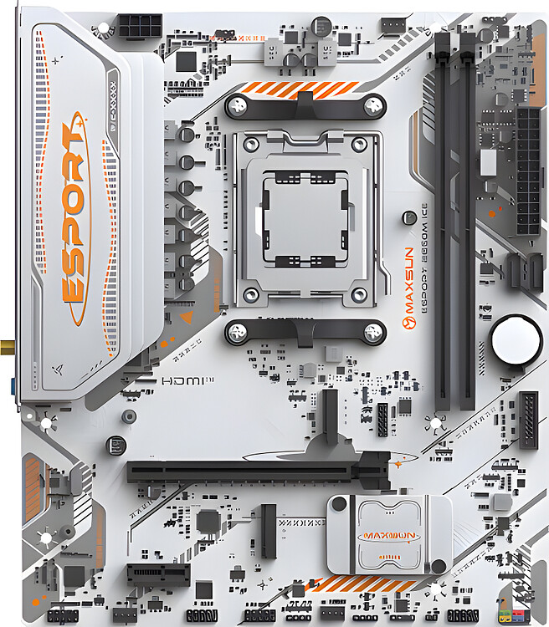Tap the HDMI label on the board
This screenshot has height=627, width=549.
177,380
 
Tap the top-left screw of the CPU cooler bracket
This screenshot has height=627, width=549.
239,105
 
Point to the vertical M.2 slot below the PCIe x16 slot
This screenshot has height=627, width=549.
268,531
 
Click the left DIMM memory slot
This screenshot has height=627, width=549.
442,217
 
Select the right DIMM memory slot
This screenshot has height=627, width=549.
467,217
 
